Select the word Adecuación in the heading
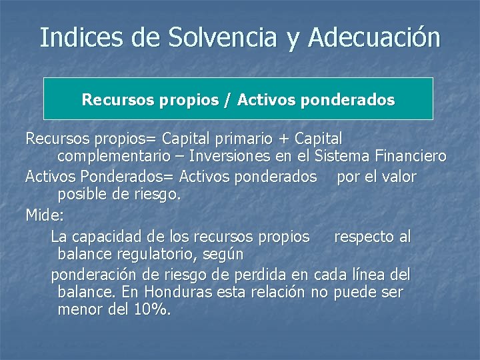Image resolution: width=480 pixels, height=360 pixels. (x=374, y=37)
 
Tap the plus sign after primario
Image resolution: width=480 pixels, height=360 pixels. (x=285, y=139)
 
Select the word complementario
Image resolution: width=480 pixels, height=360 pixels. (x=117, y=157)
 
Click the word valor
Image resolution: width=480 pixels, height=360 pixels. (x=397, y=177)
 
